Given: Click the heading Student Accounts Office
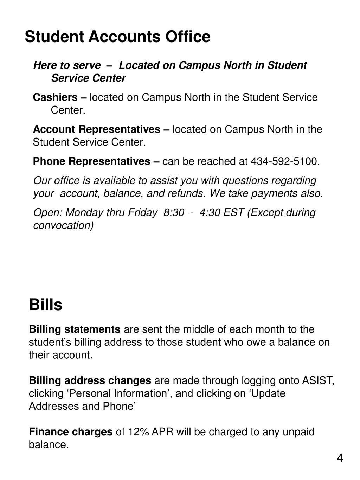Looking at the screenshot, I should click(117, 37).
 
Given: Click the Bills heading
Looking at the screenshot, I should click(46, 305).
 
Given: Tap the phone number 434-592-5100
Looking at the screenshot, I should click(284, 161).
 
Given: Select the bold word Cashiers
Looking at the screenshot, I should click(55, 97).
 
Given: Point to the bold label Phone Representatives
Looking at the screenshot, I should click(91, 161).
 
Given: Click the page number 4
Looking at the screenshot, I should click(340, 458).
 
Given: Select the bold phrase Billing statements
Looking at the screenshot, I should click(75, 329).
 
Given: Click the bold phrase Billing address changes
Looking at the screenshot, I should click(90, 381).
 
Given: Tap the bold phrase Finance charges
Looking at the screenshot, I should click(71, 432).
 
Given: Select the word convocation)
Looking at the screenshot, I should click(63, 225).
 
